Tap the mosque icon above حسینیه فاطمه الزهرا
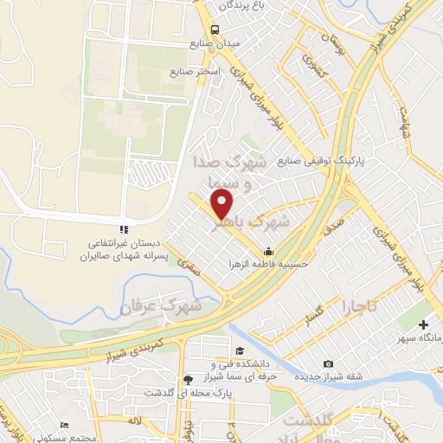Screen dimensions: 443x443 coord(268,251)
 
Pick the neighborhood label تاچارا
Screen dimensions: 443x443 coord(359,306)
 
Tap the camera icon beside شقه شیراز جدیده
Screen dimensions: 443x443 coord(328,364)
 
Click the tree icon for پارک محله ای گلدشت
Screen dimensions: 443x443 coord(188,380)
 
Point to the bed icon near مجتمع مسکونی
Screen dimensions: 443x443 coord(64,426)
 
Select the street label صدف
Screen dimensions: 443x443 coord(335,224)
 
